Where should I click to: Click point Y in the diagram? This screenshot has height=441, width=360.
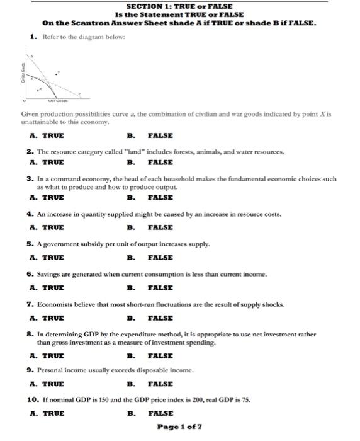(x=57, y=73)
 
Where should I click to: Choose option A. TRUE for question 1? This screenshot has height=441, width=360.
(x=47, y=135)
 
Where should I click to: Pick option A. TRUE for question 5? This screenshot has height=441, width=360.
(x=47, y=258)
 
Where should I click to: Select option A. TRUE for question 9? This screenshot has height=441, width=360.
(x=47, y=384)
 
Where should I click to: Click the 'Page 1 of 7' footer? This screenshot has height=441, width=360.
(x=179, y=427)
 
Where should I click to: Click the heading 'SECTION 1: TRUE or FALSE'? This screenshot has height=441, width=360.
(x=179, y=6)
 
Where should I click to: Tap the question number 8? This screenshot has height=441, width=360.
(x=30, y=335)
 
